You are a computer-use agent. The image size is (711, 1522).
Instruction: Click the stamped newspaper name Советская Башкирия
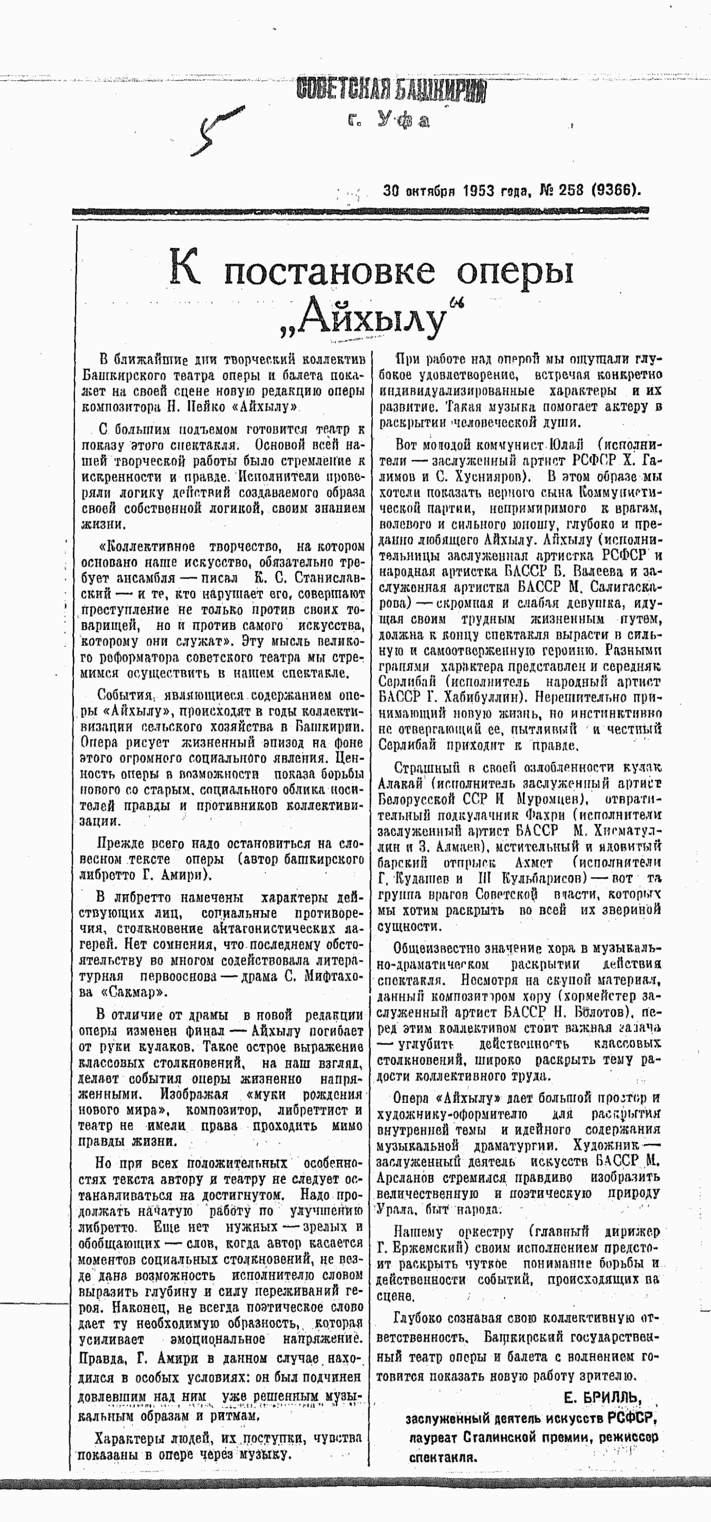(x=392, y=90)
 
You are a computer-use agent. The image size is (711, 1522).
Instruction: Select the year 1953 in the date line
(x=479, y=191)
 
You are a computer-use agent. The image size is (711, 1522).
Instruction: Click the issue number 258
(x=566, y=190)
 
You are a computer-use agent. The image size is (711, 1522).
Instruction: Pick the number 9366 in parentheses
(x=615, y=190)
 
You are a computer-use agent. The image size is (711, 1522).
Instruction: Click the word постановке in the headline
(x=330, y=273)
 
